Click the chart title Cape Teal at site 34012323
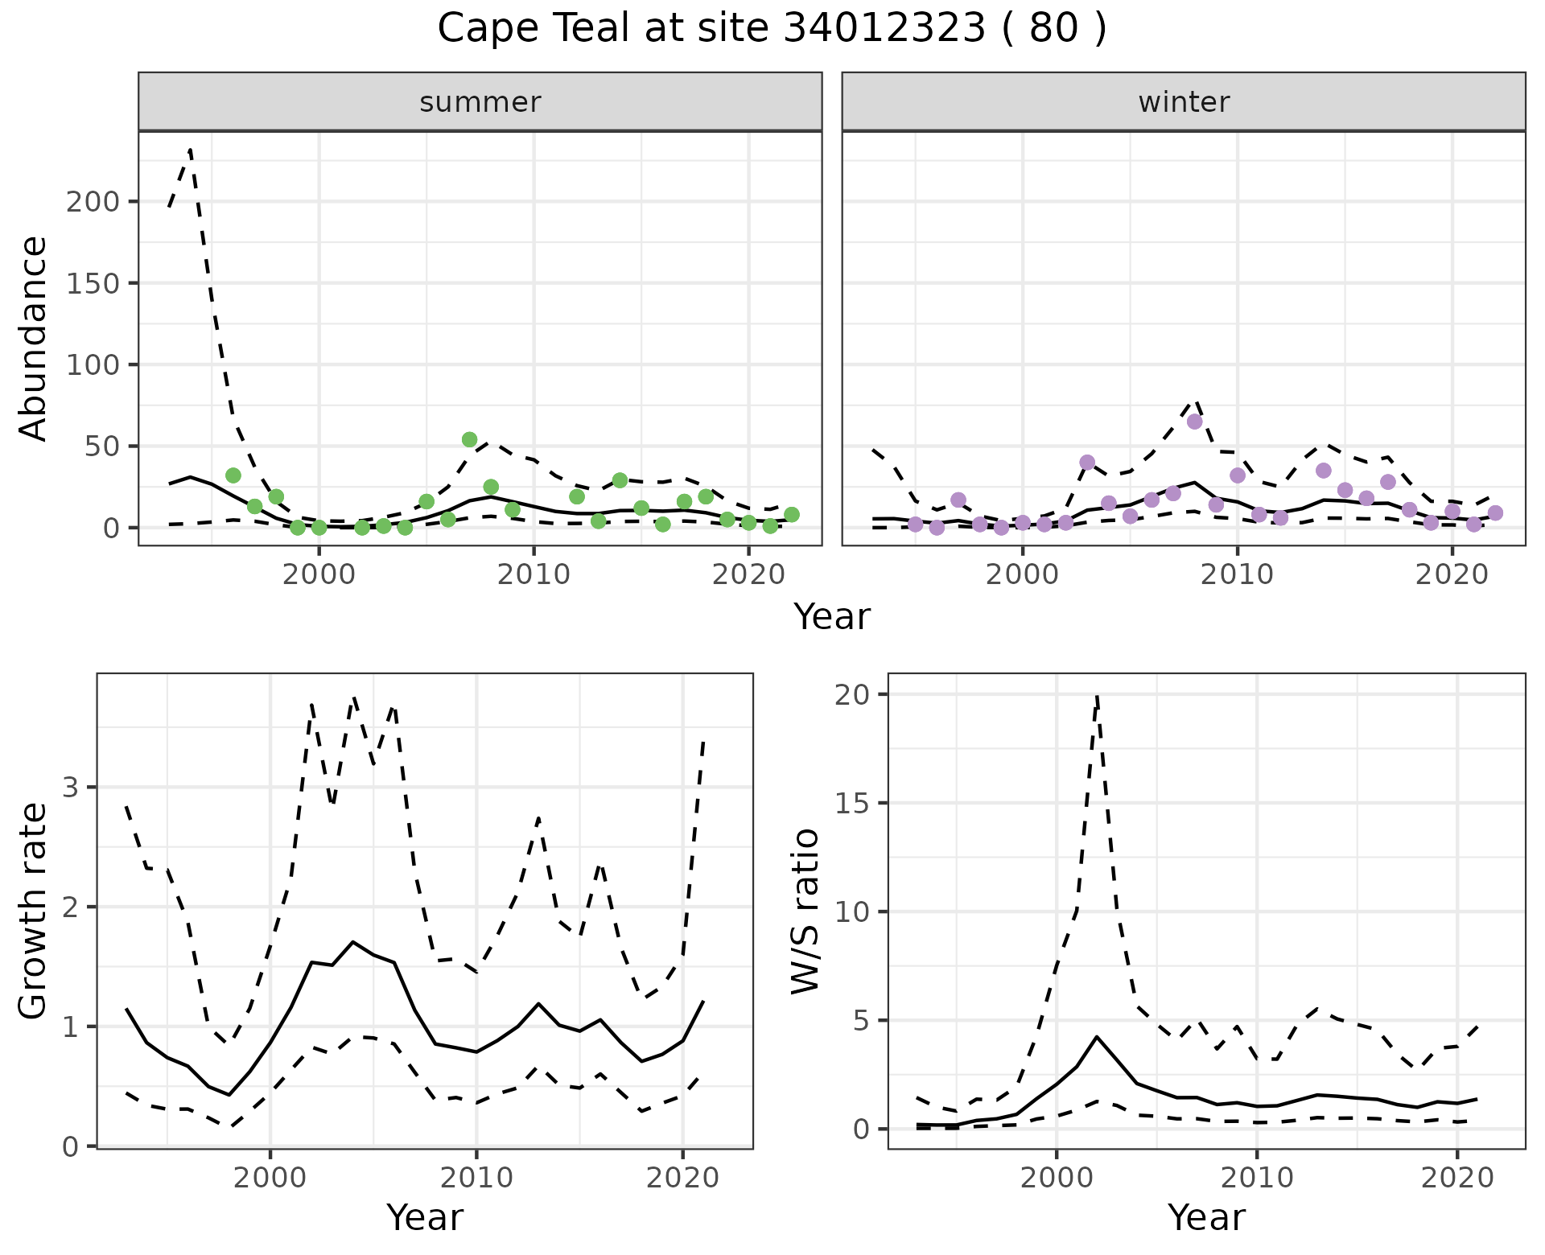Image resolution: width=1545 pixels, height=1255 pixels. [x=772, y=29]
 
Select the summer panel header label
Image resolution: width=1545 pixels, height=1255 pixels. [x=480, y=102]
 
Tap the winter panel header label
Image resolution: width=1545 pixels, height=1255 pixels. [x=1184, y=102]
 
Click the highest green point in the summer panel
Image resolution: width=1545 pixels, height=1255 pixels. [x=470, y=439]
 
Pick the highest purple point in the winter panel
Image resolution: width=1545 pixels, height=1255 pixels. [x=1195, y=422]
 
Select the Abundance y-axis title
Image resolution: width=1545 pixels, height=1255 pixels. [x=34, y=338]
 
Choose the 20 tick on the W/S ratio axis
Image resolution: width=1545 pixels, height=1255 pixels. [x=851, y=694]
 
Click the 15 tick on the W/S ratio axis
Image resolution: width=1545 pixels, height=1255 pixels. [x=851, y=803]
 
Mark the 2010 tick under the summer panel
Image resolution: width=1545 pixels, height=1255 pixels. [x=534, y=575]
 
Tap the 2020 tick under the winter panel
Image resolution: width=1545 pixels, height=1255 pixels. [x=1452, y=575]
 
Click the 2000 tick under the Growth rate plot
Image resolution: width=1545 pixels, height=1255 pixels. [x=270, y=1179]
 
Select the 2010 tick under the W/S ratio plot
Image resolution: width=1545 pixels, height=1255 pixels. [x=1256, y=1179]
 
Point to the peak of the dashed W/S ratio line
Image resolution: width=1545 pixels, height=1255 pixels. [x=1097, y=697]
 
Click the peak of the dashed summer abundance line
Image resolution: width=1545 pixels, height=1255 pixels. [x=190, y=150]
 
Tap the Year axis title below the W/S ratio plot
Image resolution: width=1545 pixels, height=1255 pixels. [x=1206, y=1217]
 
